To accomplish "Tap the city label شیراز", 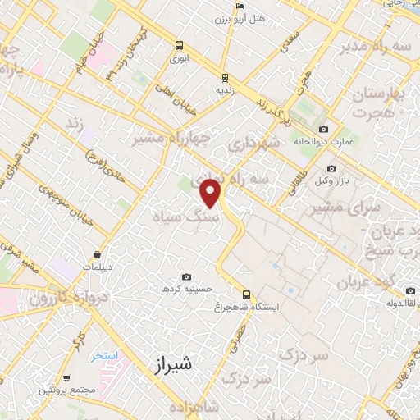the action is (172, 366).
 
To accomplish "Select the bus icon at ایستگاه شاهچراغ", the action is (245, 294).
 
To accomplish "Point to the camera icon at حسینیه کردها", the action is (186, 277).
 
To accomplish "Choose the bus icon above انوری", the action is (179, 46).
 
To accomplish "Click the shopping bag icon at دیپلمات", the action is (98, 254).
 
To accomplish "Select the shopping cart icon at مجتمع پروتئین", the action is (66, 378).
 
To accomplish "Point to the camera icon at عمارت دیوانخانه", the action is (323, 130).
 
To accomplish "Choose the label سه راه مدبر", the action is (381, 47).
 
